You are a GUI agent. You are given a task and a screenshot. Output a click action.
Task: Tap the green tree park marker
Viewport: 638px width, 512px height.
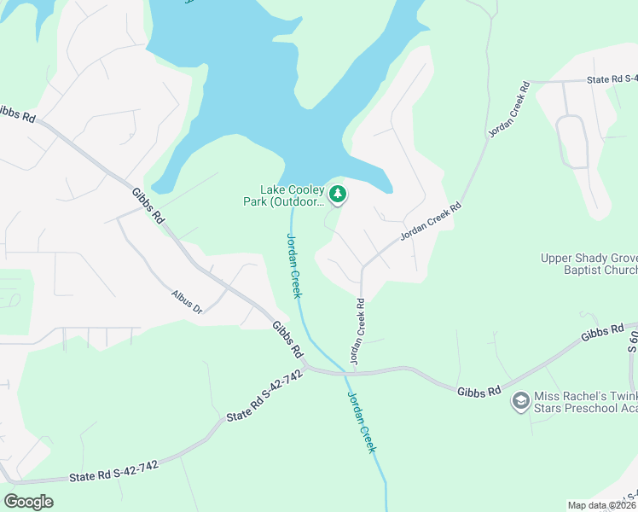(x=339, y=195)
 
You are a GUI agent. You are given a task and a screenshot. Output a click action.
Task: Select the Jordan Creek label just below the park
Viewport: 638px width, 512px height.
(x=293, y=265)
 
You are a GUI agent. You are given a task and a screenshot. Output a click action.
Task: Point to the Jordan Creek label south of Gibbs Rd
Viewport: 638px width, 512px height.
(x=362, y=423)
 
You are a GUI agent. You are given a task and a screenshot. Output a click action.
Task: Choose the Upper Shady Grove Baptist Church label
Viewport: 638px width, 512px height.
(x=589, y=265)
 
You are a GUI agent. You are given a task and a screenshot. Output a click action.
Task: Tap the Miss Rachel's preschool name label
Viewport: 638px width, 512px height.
(x=585, y=404)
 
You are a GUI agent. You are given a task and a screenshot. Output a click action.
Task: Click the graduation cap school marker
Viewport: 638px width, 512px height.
(x=519, y=399)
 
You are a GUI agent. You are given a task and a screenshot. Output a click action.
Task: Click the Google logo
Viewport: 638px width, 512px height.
(x=28, y=502)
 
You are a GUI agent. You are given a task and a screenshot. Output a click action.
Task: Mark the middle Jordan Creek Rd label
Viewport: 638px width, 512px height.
(x=431, y=221)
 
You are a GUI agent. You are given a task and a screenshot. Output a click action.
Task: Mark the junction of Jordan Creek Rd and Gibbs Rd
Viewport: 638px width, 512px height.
(x=350, y=371)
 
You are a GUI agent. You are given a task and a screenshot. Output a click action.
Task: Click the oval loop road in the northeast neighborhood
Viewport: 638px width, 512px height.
(x=572, y=141)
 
